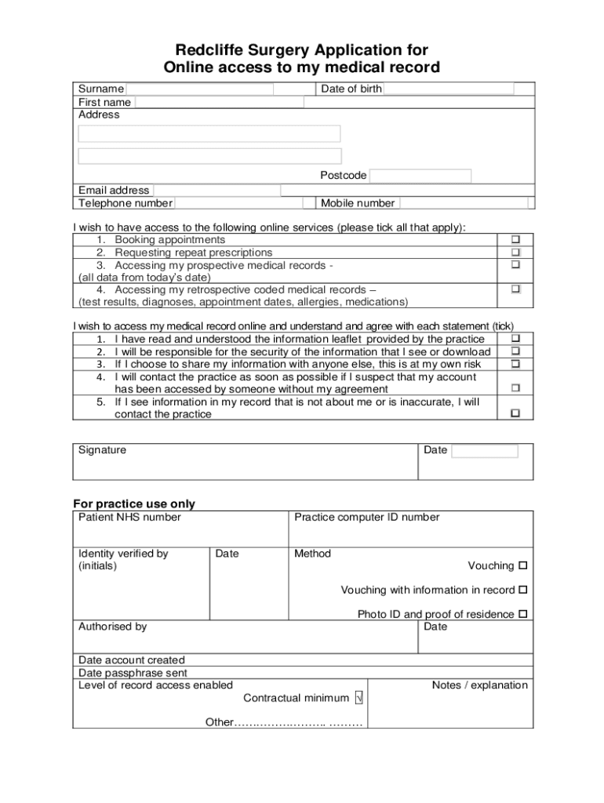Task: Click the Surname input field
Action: (x=200, y=89)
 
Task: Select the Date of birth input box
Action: (x=449, y=89)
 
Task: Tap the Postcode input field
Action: (x=420, y=176)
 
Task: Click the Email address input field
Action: (x=217, y=191)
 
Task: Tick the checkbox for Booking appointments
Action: (x=516, y=239)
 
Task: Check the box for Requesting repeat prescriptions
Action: (x=516, y=253)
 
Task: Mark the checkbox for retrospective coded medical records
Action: (x=516, y=289)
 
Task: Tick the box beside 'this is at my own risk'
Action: (x=516, y=365)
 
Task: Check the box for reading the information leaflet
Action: (x=516, y=339)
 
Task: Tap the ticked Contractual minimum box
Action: (x=358, y=698)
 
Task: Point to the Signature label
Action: (x=102, y=450)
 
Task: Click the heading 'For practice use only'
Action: (x=134, y=504)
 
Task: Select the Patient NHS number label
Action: (x=129, y=518)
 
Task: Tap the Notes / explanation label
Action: (x=480, y=685)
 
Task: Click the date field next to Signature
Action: (x=485, y=451)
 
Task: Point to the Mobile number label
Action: (x=358, y=204)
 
